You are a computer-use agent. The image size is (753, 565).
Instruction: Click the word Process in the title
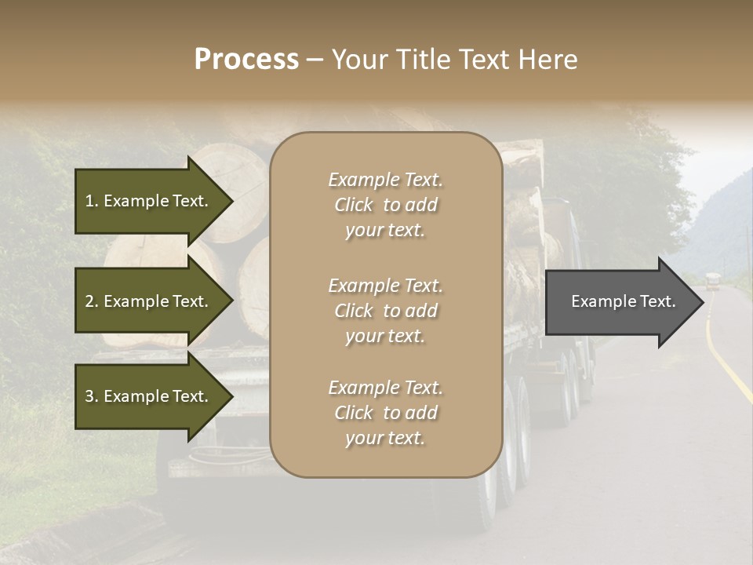coord(246,60)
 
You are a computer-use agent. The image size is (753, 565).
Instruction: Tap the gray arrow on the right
coord(620,301)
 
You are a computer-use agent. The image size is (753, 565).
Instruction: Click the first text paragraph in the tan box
coord(385,205)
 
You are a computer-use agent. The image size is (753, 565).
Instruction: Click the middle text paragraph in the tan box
coord(385,311)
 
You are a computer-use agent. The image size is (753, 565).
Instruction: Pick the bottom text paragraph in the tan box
coord(385,413)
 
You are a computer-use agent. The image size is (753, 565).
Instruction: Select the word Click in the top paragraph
coord(354,205)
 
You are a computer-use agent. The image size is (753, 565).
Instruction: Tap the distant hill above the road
coord(718,220)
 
